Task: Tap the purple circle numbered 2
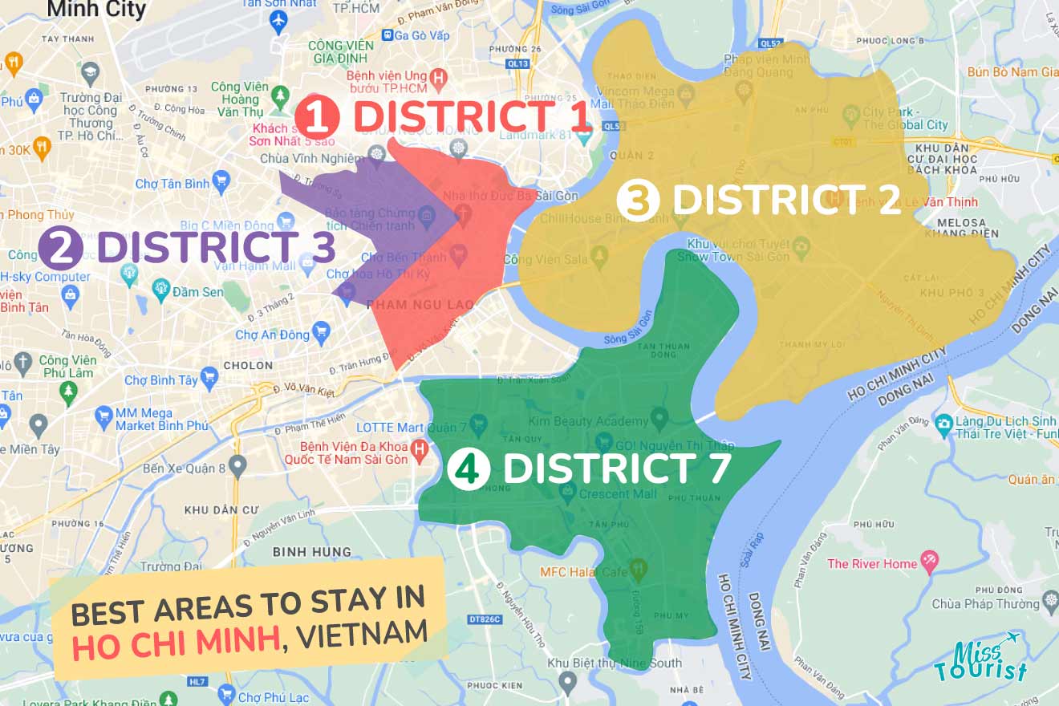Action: (x=60, y=248)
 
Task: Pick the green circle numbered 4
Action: (x=468, y=469)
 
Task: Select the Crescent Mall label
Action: (x=618, y=493)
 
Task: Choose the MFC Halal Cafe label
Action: (x=583, y=571)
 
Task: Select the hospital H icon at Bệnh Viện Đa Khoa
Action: (x=418, y=450)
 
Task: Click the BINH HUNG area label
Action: (x=311, y=552)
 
